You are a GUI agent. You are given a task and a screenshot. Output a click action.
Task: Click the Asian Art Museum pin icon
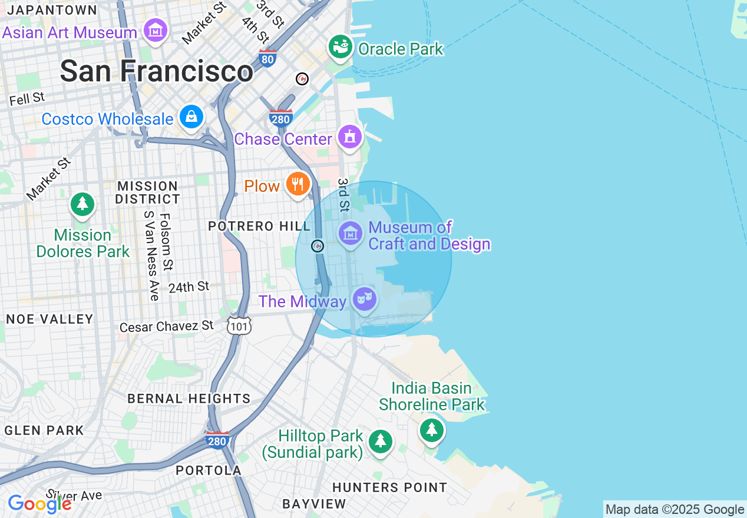(156, 29)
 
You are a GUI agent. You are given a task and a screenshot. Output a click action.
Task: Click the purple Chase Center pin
(350, 137)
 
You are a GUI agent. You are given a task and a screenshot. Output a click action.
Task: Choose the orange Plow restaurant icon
(298, 184)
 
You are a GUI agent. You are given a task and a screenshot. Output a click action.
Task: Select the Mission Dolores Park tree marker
(82, 204)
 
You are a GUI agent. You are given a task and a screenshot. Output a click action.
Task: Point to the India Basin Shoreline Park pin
(432, 429)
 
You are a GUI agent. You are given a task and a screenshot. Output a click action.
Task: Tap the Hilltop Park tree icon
(380, 441)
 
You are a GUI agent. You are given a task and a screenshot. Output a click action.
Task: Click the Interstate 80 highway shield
(267, 58)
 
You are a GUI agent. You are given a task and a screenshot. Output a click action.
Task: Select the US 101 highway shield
(239, 326)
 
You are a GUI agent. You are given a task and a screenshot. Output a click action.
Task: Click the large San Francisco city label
(157, 71)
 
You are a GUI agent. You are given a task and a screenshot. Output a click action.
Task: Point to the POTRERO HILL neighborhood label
(259, 227)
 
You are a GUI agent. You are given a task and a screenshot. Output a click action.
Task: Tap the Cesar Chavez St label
(166, 326)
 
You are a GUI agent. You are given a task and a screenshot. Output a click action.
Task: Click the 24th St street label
(189, 287)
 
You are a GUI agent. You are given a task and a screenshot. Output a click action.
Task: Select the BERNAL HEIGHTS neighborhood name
(189, 399)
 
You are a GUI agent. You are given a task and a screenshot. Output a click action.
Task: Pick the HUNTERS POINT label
(389, 487)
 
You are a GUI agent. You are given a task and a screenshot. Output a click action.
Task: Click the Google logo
(39, 504)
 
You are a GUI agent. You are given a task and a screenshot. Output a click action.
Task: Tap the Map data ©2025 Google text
(675, 510)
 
